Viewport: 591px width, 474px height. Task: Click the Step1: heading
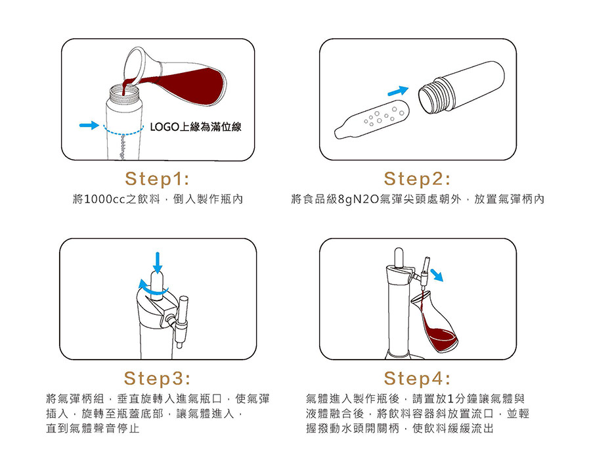coord(157,179)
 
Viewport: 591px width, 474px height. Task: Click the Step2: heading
coord(417,179)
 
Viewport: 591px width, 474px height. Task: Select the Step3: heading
coord(157,378)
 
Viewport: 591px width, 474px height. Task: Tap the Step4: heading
coord(417,378)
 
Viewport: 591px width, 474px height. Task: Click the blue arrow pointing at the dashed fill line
coord(89,126)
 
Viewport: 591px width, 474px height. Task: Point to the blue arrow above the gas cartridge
coord(398,91)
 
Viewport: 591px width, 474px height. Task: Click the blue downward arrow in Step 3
coord(158,262)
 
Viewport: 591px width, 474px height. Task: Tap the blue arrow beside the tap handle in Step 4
coord(437,275)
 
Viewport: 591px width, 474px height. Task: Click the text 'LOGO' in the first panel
coord(164,127)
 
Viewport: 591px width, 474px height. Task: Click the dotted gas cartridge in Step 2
coord(372,119)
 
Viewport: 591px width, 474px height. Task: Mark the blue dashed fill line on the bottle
coord(123,130)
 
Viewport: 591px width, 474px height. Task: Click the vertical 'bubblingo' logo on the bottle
coord(121,147)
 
